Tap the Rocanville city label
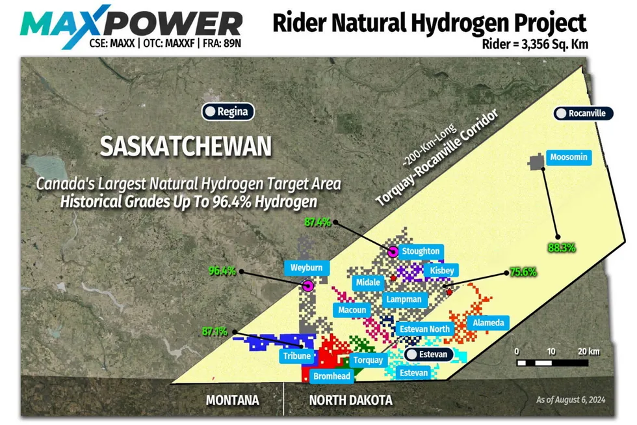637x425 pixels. tap(583, 113)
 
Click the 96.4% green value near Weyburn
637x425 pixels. tap(222, 271)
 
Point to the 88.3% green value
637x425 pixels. tap(562, 247)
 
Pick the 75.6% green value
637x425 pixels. tap(523, 272)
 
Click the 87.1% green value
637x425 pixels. tap(214, 331)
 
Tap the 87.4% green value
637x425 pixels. tap(317, 222)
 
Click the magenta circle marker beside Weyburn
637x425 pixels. tap(308, 286)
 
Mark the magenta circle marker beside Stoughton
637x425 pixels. tap(393, 252)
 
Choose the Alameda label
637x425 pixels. tap(487, 323)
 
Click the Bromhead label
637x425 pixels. tap(331, 376)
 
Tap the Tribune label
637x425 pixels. tap(297, 357)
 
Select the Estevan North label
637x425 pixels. tap(424, 329)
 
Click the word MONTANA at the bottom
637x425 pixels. tap(232, 400)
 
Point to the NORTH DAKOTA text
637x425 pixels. tap(350, 400)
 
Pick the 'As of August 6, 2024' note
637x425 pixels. tap(571, 400)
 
